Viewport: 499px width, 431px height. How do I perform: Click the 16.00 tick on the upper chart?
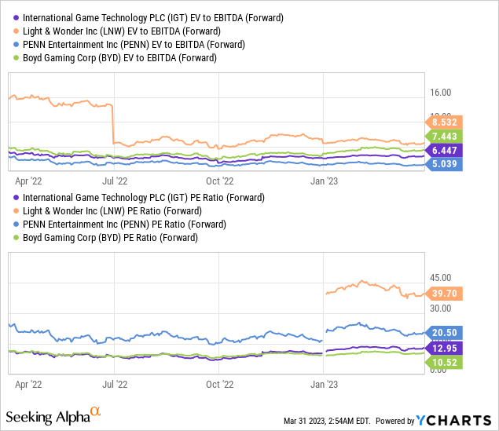pos(440,93)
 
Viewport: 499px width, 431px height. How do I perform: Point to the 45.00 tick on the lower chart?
pos(440,278)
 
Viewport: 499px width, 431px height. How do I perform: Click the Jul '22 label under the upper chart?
pos(116,177)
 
